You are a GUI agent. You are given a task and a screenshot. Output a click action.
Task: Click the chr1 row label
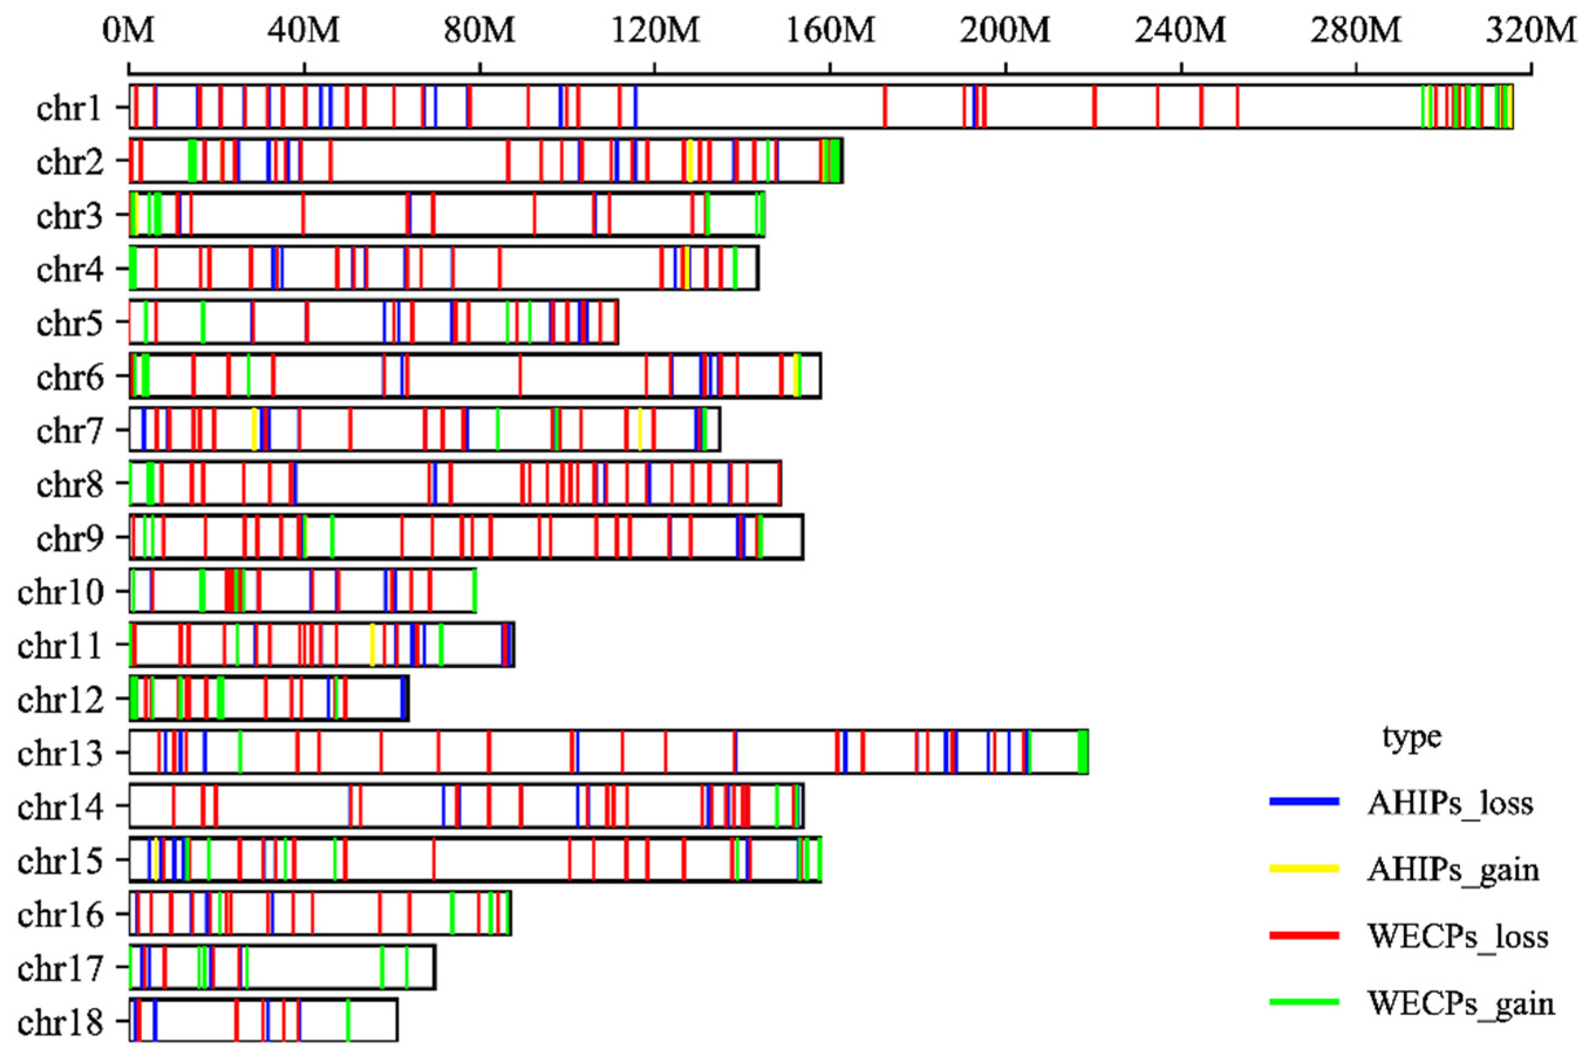[x=70, y=107]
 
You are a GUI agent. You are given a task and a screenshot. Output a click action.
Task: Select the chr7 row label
[x=70, y=430]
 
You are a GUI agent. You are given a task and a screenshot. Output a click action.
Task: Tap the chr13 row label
[x=60, y=753]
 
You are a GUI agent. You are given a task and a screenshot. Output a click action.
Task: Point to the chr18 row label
[x=60, y=1023]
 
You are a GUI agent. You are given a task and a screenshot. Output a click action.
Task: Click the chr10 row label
[x=60, y=592]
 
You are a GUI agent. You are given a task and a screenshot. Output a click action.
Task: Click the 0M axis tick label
[x=129, y=32]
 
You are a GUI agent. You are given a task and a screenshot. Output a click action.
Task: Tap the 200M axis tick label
[x=1005, y=32]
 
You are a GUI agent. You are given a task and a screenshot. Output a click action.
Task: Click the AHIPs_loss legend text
[x=1450, y=803]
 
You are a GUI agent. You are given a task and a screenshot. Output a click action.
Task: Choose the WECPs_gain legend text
[x=1460, y=1004]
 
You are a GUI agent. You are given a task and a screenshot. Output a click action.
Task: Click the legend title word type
[x=1411, y=737]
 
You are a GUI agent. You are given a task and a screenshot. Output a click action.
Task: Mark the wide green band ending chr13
[x=1083, y=752]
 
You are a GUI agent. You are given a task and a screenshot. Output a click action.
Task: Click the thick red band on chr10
[x=230, y=590]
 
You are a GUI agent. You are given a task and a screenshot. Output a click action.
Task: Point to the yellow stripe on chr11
[x=372, y=644]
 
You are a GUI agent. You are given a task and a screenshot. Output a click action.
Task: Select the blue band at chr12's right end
[x=404, y=698]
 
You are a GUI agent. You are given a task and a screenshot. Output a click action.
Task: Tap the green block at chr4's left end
[x=133, y=268]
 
